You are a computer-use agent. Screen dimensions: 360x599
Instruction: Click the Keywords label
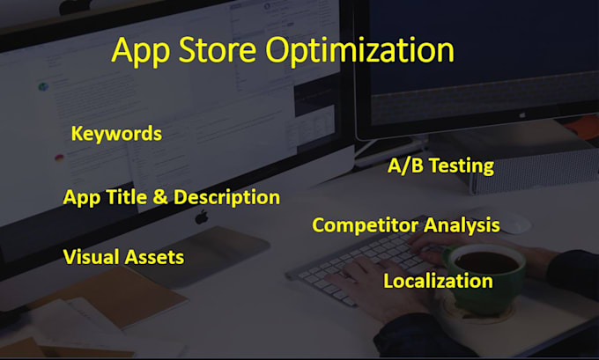(116, 134)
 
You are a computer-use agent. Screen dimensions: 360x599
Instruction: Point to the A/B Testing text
(440, 165)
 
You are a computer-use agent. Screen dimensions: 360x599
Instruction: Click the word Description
(226, 197)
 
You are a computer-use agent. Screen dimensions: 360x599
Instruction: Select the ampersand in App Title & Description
(159, 197)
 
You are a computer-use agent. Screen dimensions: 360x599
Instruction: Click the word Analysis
(462, 225)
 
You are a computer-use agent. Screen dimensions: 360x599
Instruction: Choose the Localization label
(438, 282)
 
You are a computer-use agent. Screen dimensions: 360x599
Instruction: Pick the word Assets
(154, 257)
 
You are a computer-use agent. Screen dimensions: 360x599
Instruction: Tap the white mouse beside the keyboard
(513, 224)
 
